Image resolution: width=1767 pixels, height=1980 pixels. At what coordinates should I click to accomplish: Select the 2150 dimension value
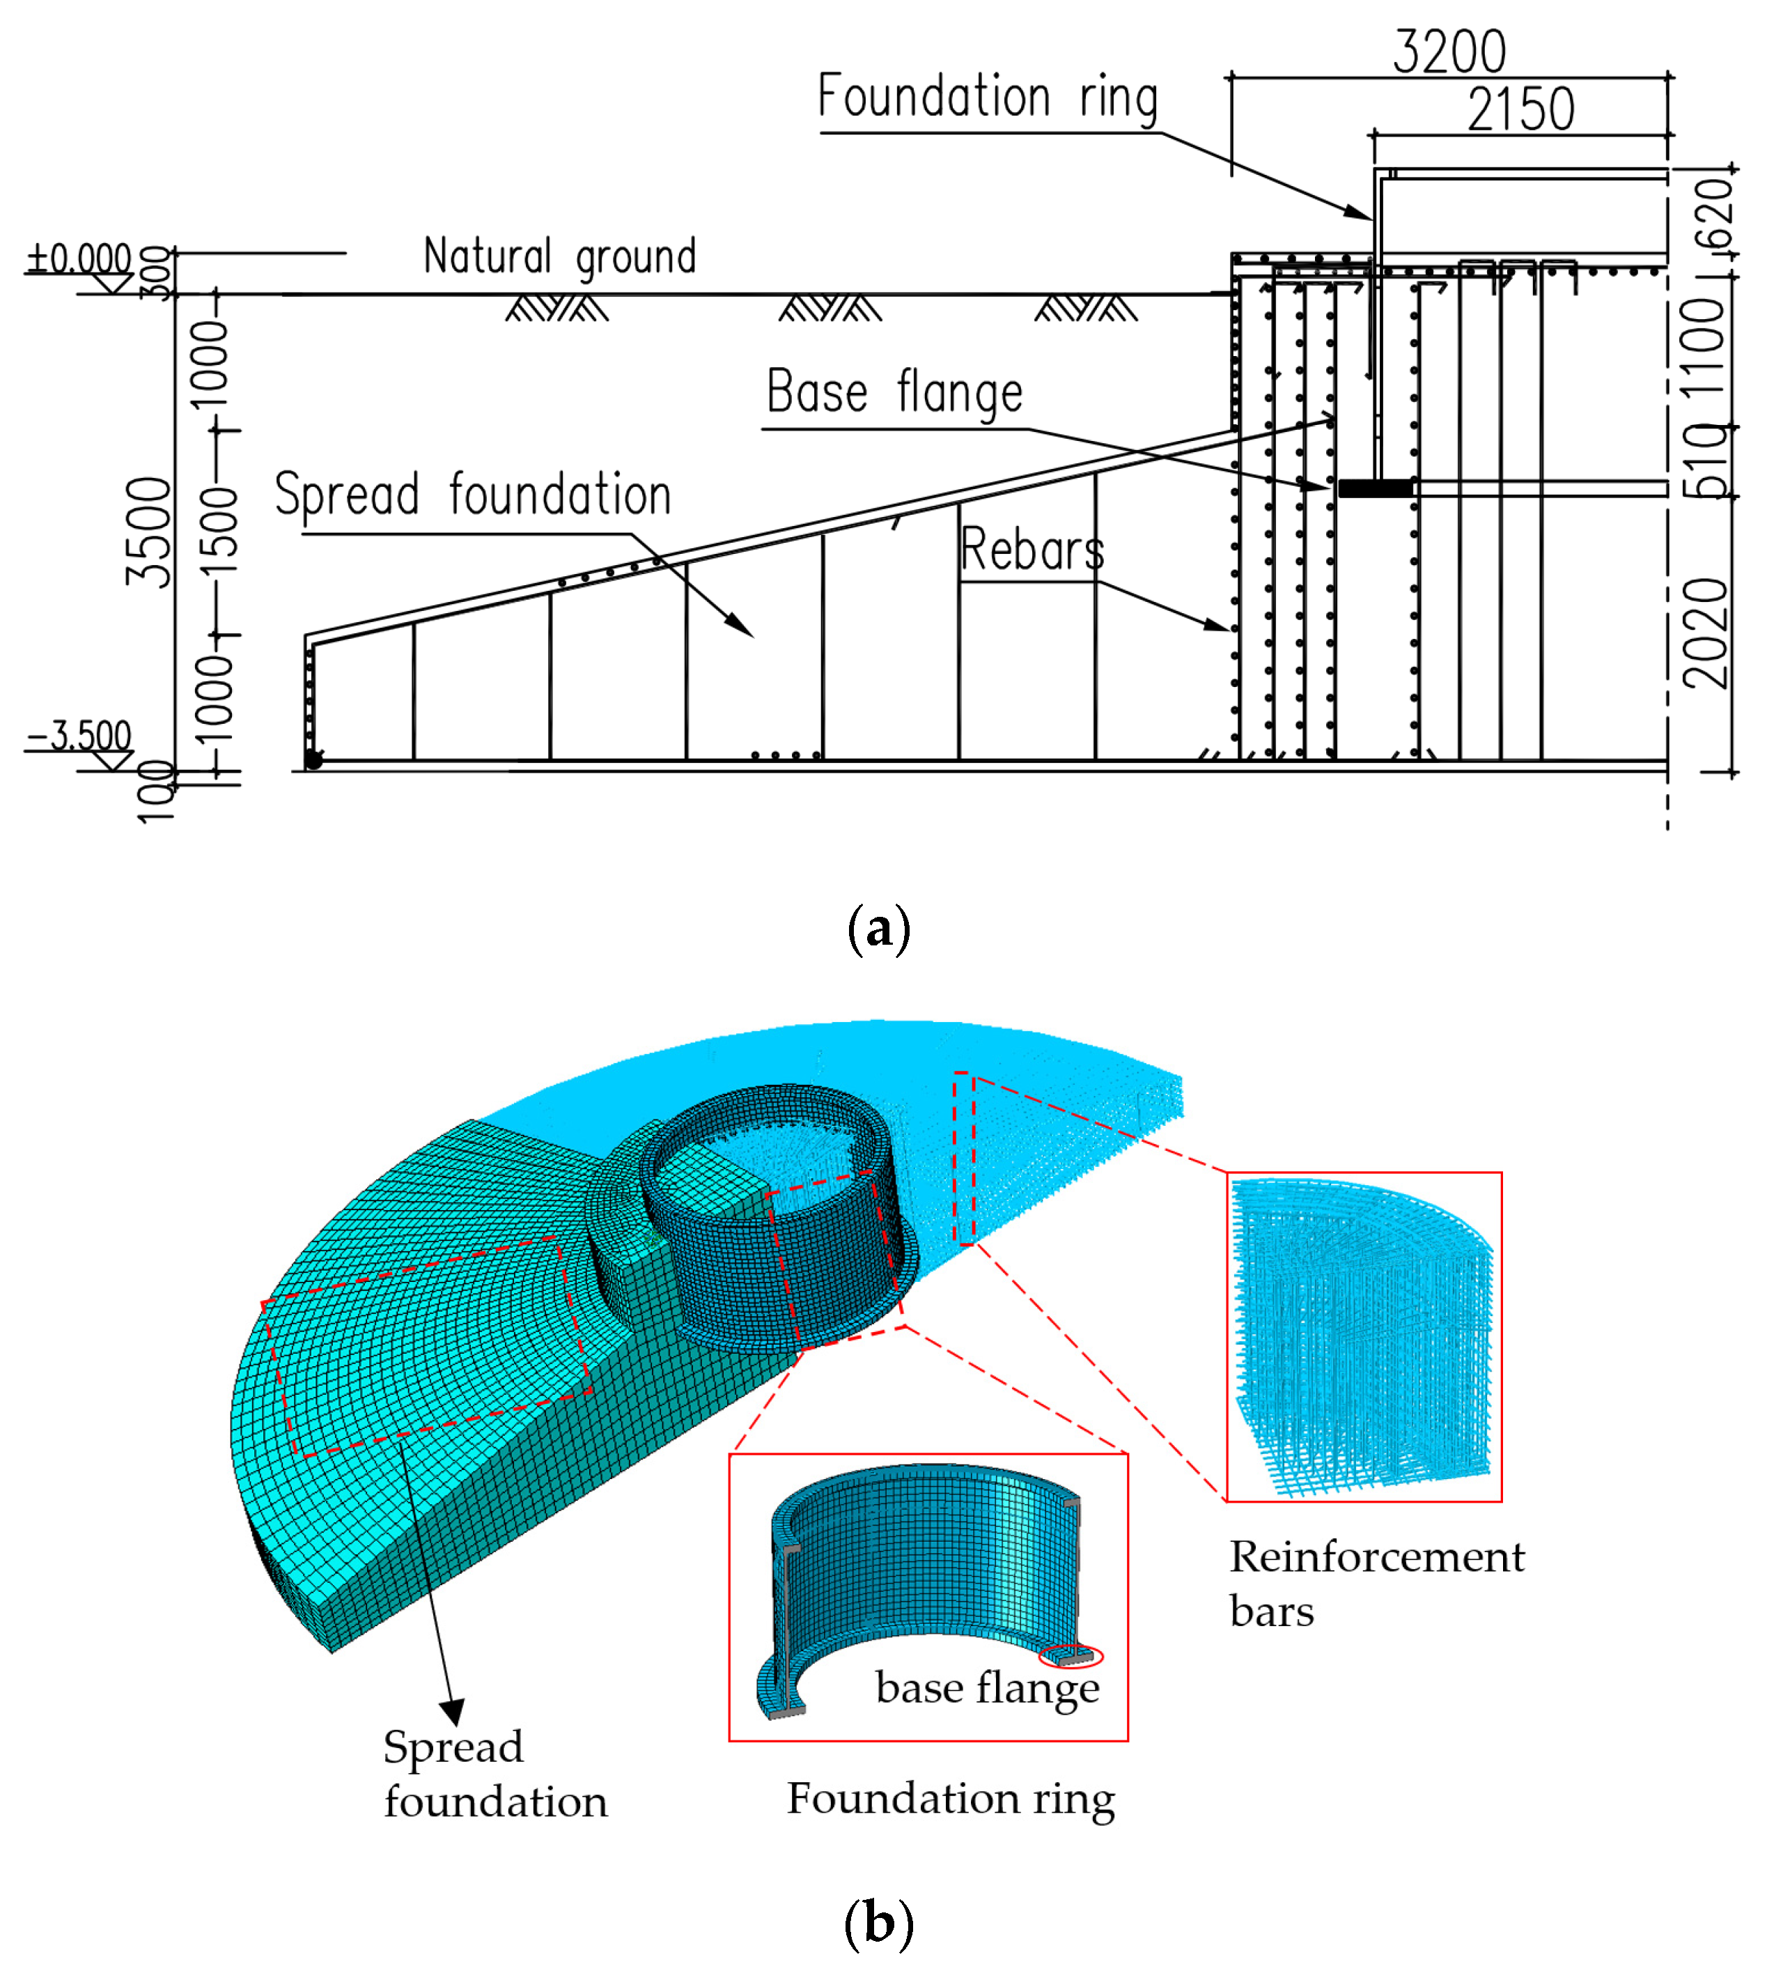[1520, 110]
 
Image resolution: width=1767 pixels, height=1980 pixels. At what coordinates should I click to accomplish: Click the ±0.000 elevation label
[79, 259]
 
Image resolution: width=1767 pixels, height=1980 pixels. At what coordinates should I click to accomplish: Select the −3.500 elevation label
[79, 735]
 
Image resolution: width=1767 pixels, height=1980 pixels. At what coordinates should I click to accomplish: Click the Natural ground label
[560, 257]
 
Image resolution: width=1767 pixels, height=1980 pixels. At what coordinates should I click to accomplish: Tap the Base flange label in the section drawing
[894, 392]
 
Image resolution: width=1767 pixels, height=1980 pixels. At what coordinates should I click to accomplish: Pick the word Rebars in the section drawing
[1032, 550]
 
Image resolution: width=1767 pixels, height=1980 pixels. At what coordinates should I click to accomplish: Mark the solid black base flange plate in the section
[1376, 488]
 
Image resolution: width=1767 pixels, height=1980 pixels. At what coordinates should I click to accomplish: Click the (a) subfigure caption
[879, 929]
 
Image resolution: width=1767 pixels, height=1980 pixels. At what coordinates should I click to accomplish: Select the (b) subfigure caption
[879, 1923]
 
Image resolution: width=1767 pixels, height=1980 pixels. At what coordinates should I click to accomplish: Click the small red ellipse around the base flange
[1071, 1655]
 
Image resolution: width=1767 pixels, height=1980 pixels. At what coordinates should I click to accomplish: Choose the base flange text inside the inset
[988, 1687]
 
